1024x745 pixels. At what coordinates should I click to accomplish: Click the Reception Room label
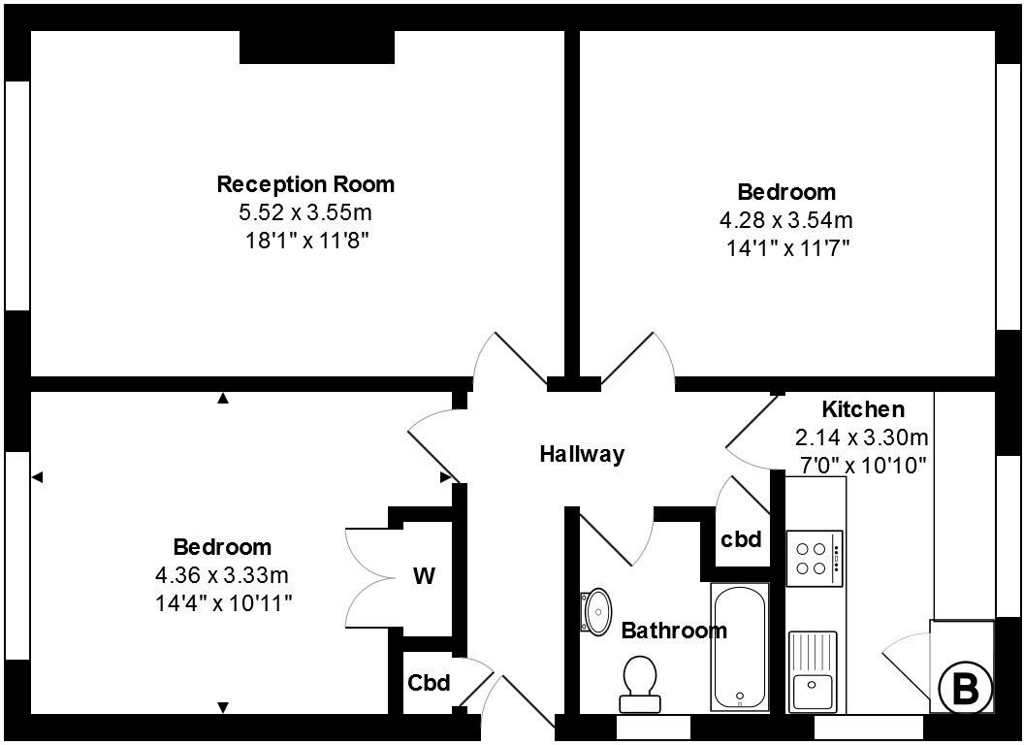point(305,183)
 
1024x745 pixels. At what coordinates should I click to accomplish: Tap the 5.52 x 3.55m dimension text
point(305,211)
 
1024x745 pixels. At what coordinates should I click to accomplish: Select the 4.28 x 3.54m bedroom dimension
point(785,219)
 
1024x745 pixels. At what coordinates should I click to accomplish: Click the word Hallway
point(582,453)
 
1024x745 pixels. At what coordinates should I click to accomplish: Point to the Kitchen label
point(862,408)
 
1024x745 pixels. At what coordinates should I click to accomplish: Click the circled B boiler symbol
point(966,689)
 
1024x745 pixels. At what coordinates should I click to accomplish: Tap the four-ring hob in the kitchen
point(815,558)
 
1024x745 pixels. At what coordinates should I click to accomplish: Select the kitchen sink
point(813,672)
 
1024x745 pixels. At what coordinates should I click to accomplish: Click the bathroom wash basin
point(596,609)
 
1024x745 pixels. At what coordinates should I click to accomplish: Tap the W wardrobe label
point(424,577)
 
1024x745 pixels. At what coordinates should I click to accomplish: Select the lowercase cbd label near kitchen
point(741,539)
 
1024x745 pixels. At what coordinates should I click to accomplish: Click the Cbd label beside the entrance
point(429,683)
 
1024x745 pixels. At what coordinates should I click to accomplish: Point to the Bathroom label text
point(673,631)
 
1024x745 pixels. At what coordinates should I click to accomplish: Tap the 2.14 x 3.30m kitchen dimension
point(862,437)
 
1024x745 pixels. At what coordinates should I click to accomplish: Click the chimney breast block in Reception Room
point(316,47)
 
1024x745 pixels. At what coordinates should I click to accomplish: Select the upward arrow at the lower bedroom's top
point(223,398)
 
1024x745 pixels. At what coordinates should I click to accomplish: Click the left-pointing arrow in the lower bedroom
point(38,476)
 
